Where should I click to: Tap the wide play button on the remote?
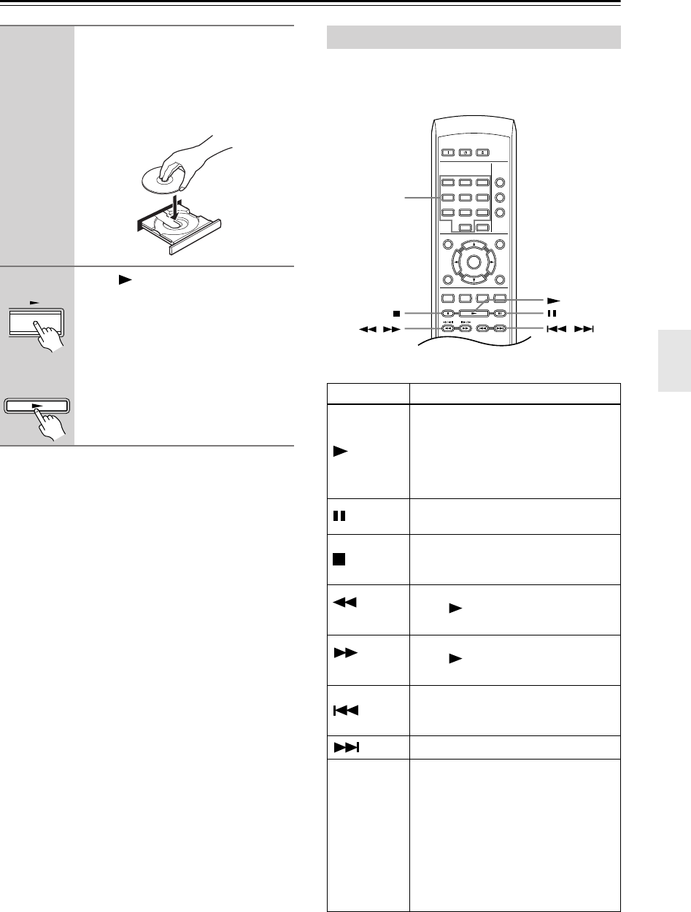click(474, 312)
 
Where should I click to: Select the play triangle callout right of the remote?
click(552, 299)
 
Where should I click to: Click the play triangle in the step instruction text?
click(112, 279)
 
